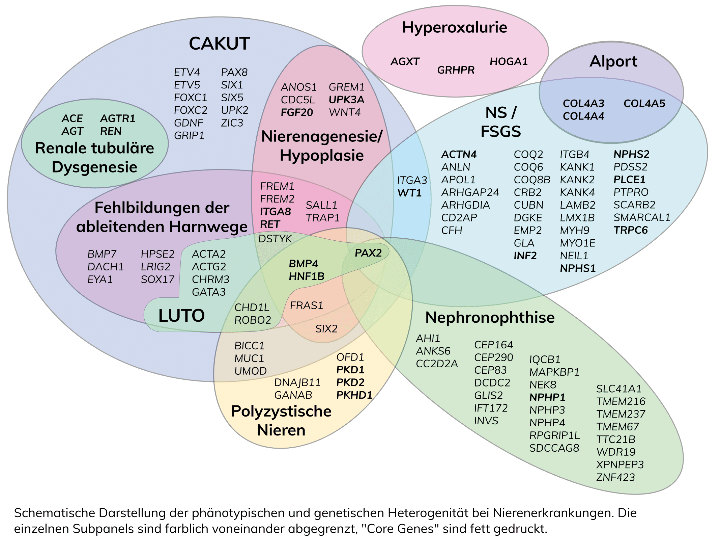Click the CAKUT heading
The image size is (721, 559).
(x=219, y=44)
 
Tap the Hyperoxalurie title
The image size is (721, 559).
(x=454, y=27)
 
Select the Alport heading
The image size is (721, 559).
(x=613, y=61)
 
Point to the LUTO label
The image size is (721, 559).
(x=181, y=316)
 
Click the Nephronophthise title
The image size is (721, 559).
(x=490, y=317)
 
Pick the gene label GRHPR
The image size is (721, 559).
(x=456, y=70)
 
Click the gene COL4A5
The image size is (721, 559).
(x=644, y=104)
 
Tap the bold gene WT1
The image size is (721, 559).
(x=409, y=193)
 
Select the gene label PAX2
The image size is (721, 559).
(x=368, y=253)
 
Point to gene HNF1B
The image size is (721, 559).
(x=306, y=276)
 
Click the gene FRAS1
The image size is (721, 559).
(x=306, y=305)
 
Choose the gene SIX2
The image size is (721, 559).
(x=326, y=329)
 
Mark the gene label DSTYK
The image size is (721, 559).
(x=275, y=239)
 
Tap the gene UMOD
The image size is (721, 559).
(x=250, y=371)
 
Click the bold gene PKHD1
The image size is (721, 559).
(x=354, y=395)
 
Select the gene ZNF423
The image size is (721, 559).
(x=615, y=477)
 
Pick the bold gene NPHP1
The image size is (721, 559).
(x=547, y=397)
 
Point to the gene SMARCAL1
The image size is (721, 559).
(x=641, y=217)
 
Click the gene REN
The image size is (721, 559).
(x=111, y=131)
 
